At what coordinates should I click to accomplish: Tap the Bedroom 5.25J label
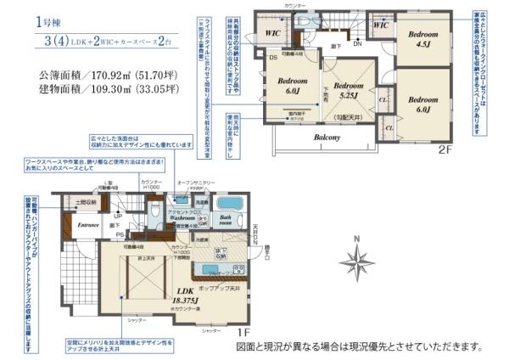348,90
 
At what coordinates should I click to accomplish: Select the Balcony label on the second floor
327,137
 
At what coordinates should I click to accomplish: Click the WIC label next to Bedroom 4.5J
380,26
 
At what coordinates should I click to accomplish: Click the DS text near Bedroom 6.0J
272,59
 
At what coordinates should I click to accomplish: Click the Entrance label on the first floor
89,225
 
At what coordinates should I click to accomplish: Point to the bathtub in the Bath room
229,205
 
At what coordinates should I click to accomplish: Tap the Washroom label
183,217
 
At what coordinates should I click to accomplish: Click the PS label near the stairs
120,234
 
